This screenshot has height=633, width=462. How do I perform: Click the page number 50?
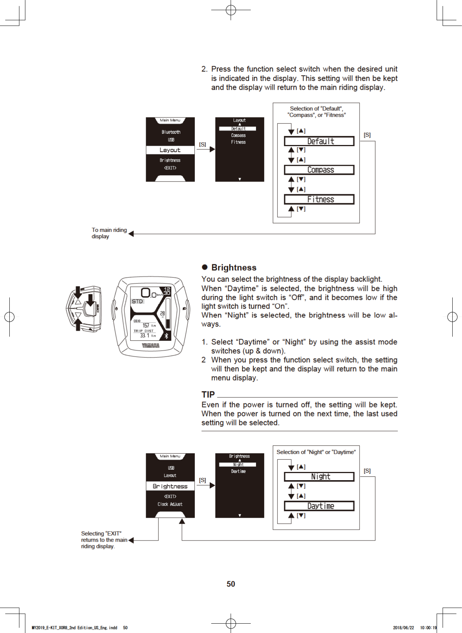[231, 584]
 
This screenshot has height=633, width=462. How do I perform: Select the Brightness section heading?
[234, 268]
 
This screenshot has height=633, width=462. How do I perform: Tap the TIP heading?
[208, 394]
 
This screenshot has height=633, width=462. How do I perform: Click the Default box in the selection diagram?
[319, 141]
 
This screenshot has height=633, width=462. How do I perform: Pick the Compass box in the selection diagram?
[319, 170]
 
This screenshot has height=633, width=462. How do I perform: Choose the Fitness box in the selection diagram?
[319, 199]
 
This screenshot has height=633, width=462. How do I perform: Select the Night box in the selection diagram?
[319, 477]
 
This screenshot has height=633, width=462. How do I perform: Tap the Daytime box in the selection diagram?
[319, 506]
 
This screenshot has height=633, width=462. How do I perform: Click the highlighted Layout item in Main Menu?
[170, 150]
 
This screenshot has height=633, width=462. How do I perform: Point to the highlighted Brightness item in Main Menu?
[170, 486]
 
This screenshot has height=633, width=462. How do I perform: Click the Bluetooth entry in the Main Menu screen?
[171, 132]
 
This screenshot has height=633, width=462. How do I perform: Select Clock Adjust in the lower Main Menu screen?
[170, 504]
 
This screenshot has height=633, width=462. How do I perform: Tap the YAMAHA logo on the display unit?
[151, 346]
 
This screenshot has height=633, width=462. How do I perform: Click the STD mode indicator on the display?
[137, 301]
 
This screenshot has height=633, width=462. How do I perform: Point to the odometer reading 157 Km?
[148, 325]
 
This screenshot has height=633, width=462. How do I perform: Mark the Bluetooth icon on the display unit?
[167, 336]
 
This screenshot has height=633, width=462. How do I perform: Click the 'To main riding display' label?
[109, 233]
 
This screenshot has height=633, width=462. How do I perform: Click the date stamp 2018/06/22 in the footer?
[403, 628]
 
